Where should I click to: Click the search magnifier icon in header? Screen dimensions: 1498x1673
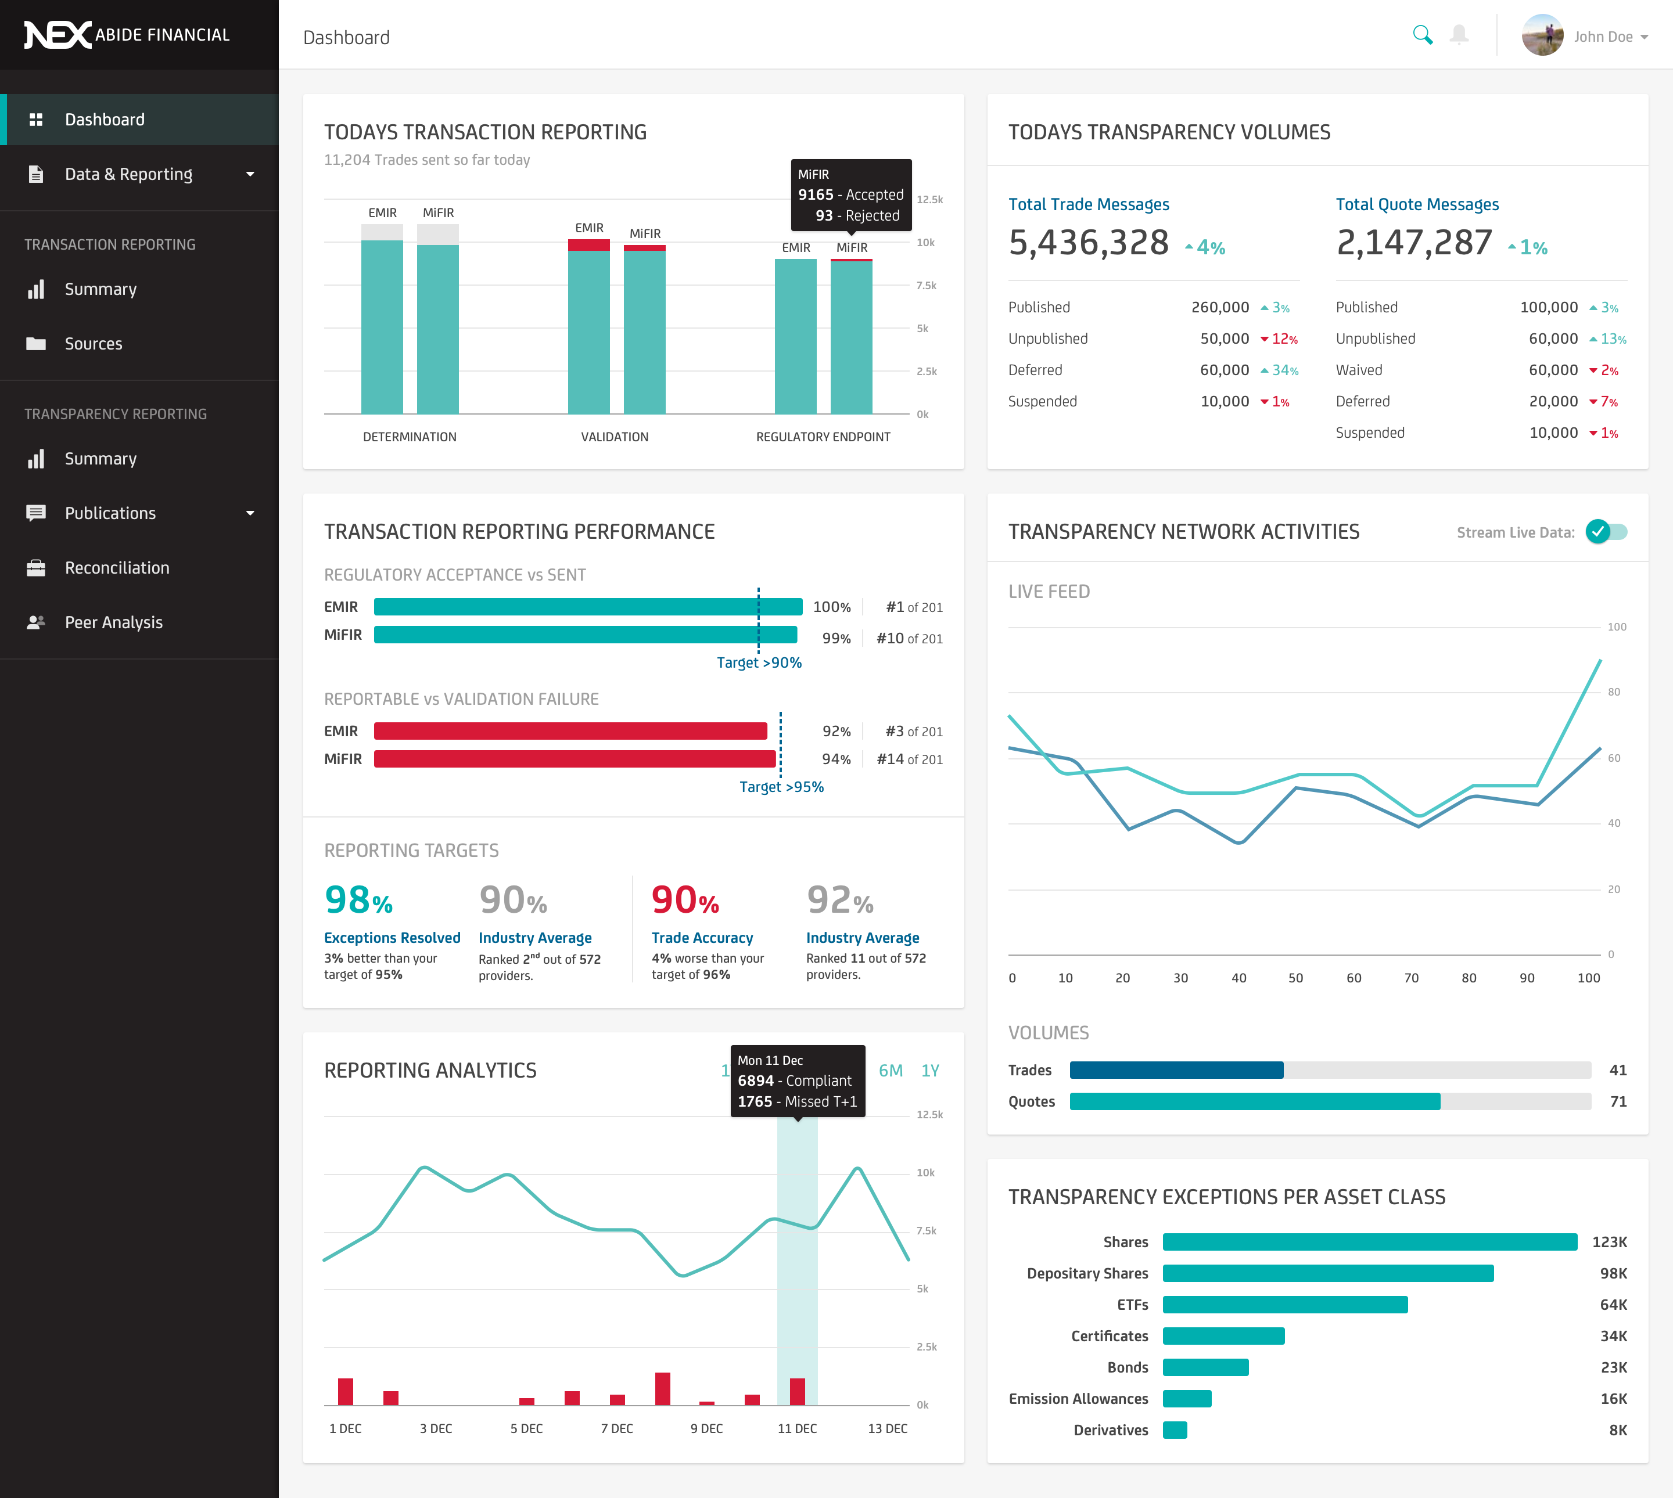(1422, 35)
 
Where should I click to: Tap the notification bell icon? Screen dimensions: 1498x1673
(1459, 35)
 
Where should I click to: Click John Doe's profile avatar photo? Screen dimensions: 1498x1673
(1542, 35)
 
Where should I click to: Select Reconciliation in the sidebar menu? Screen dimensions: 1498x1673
(117, 568)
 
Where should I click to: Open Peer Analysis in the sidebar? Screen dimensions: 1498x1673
(114, 622)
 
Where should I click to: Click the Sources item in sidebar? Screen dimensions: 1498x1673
(93, 344)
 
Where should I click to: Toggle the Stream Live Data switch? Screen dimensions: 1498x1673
(1606, 532)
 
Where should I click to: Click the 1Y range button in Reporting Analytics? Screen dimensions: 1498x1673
(929, 1071)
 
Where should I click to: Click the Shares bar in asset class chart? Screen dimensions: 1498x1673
(1369, 1242)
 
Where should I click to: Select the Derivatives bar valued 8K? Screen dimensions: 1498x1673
(1175, 1431)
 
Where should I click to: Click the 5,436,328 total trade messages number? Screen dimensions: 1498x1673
(1089, 243)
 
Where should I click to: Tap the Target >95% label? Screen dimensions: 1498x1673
(781, 787)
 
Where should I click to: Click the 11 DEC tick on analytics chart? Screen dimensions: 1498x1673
(797, 1429)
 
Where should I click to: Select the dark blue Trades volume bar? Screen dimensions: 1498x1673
(1176, 1070)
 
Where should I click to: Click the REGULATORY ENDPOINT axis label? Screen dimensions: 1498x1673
(823, 437)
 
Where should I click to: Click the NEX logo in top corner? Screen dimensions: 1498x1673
(58, 35)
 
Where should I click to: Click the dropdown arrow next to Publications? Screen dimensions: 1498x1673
(250, 514)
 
